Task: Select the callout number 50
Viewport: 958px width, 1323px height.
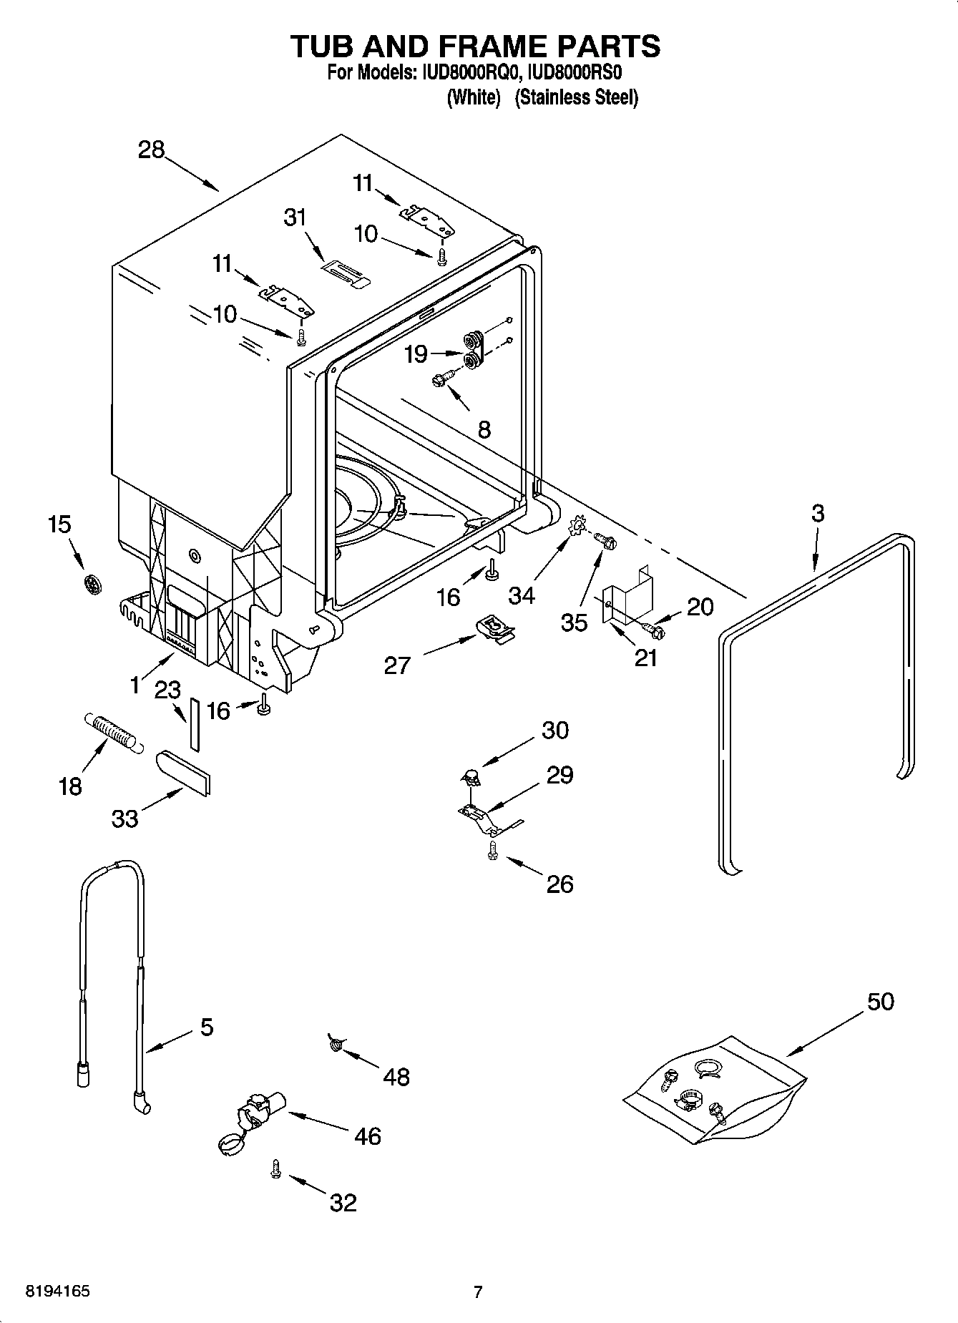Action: [881, 1001]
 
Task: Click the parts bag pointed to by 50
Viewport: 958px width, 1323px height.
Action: [715, 1091]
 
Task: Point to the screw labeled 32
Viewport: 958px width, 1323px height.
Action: [275, 1168]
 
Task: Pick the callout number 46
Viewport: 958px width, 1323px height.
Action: [368, 1136]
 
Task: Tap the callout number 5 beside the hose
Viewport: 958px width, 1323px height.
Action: [206, 1027]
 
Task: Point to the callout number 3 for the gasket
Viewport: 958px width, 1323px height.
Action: [818, 512]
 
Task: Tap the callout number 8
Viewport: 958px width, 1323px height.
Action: [484, 429]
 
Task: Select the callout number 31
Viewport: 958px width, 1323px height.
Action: [295, 217]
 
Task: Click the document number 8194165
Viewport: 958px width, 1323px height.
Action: [57, 1292]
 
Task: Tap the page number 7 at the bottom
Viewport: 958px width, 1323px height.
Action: [478, 1292]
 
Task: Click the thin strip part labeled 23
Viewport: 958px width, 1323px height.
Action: [195, 723]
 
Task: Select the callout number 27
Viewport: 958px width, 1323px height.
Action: [397, 665]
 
